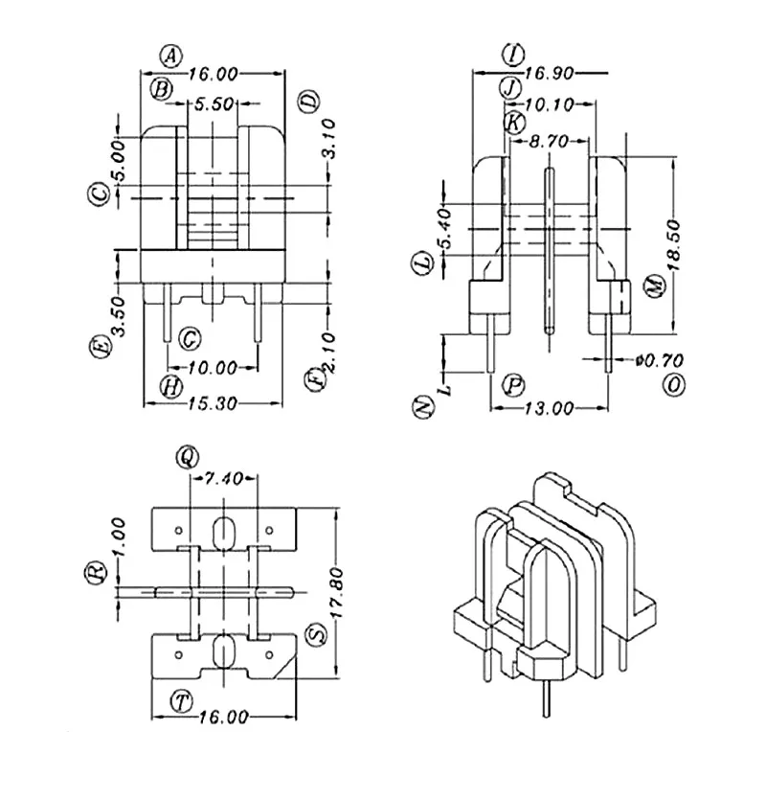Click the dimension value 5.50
click(x=214, y=105)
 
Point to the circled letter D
click(x=308, y=102)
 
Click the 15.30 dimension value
click(x=214, y=403)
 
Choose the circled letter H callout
click(x=170, y=386)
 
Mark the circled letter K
click(x=513, y=123)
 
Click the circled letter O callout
click(x=676, y=385)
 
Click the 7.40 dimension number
click(x=224, y=478)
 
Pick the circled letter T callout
click(x=180, y=699)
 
